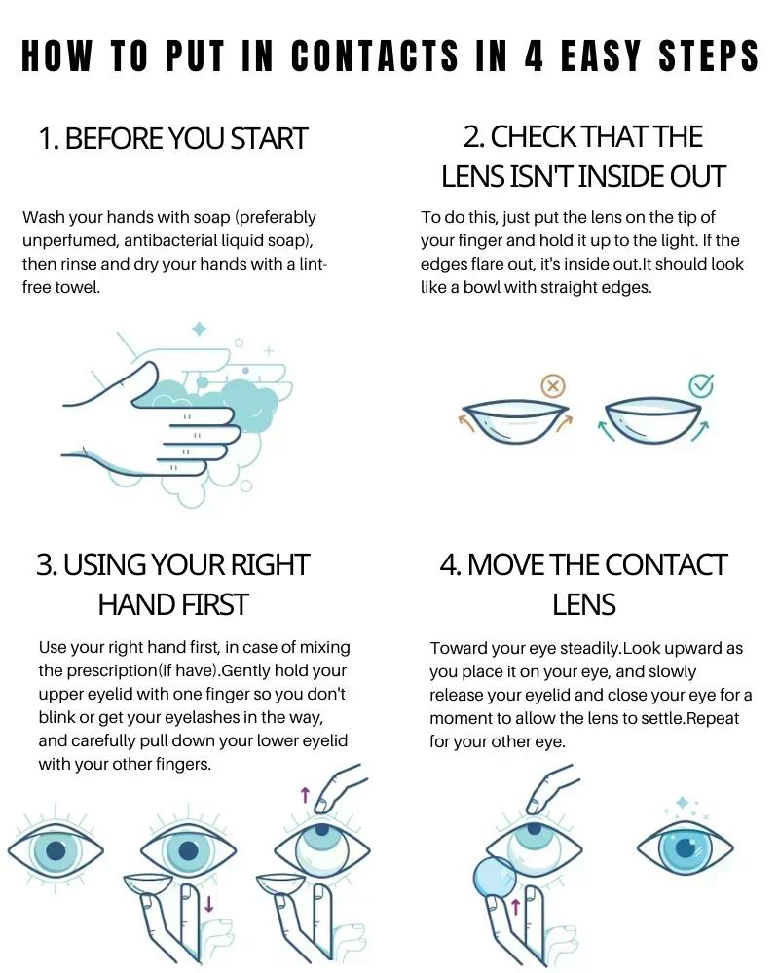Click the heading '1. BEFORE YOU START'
click(173, 139)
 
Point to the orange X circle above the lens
click(553, 387)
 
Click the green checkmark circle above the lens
click(701, 386)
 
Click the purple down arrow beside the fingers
click(209, 904)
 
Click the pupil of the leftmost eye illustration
click(56, 850)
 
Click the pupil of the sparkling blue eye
click(686, 846)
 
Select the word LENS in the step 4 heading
click(584, 605)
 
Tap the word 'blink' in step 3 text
click(60, 716)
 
